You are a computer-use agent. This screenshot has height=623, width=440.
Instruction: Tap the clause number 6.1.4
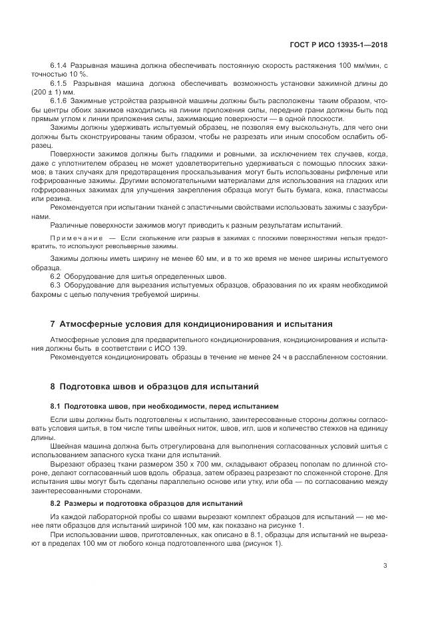[61, 67]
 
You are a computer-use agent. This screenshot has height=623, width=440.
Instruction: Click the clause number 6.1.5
[61, 83]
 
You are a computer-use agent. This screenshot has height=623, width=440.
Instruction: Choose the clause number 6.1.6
[61, 99]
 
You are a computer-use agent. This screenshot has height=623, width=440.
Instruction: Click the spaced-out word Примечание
[76, 238]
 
